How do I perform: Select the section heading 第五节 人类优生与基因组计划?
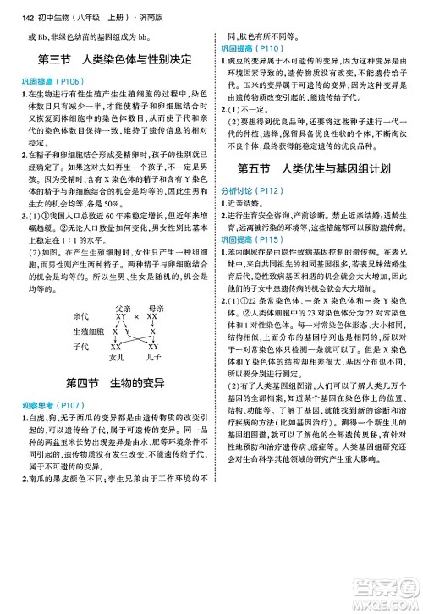coord(315,169)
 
